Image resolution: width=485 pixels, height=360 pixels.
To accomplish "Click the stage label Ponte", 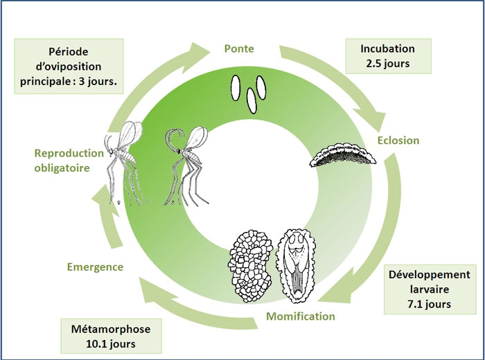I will click(x=239, y=49).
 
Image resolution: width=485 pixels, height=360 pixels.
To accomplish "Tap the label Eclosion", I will click(x=398, y=140).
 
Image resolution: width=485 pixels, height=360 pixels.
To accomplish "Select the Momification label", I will click(x=300, y=316).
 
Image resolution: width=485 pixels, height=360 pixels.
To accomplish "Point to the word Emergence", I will click(x=95, y=267).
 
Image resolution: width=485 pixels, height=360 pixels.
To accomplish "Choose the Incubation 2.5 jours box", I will click(x=387, y=55).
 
